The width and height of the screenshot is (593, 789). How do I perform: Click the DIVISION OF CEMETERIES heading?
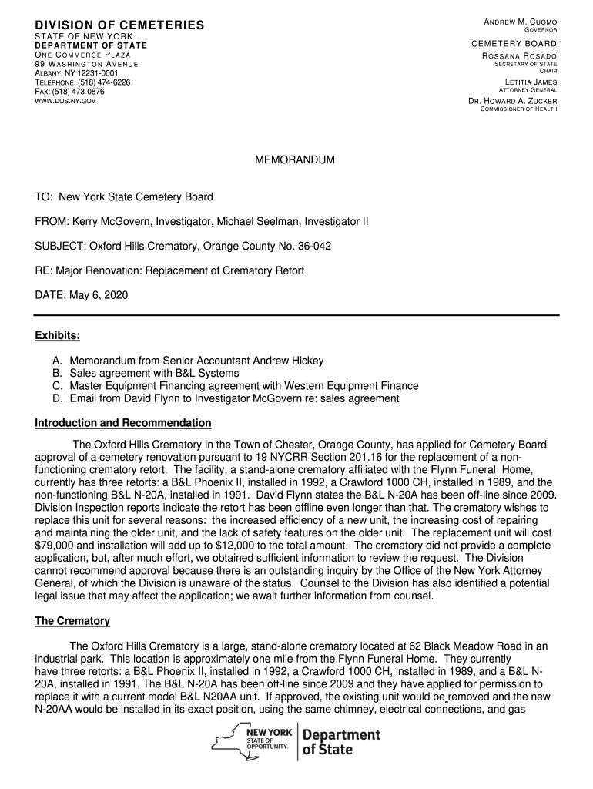point(119,26)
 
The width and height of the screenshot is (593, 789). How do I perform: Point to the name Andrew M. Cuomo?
point(521,21)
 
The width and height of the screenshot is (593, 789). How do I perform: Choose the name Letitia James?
point(531,82)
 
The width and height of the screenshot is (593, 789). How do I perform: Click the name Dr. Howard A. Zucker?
point(513,101)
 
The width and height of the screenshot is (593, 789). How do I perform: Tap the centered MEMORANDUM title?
point(295,160)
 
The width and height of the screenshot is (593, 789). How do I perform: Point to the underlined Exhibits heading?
point(58,336)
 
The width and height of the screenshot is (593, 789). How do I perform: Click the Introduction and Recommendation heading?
point(123,423)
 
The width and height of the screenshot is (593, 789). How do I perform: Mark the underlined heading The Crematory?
point(72,621)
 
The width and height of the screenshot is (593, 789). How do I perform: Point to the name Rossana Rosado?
point(519,57)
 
